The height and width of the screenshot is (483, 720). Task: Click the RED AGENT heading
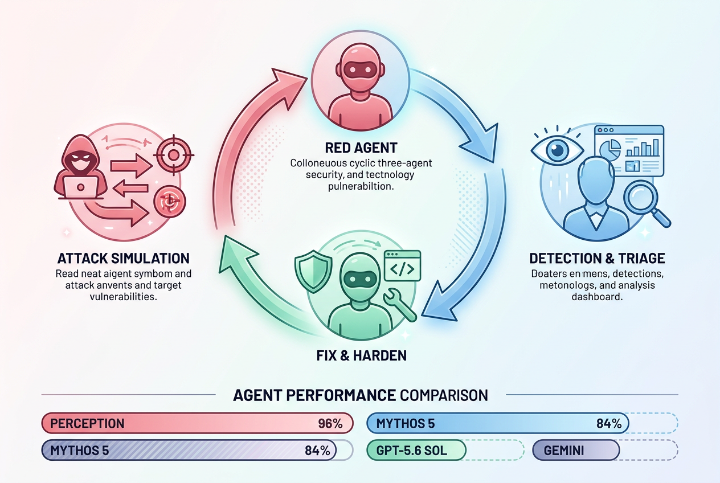tap(361, 148)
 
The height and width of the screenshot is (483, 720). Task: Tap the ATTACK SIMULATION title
tap(124, 259)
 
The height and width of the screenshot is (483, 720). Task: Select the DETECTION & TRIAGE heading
tap(597, 259)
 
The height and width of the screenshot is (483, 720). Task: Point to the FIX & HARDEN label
tap(361, 355)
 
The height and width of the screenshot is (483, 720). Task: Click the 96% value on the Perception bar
tap(330, 424)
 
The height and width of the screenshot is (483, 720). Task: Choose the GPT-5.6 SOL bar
tap(416, 450)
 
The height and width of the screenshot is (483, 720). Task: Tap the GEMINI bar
tap(576, 450)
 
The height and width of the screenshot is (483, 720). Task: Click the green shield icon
tap(313, 272)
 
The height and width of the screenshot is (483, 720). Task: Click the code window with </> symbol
tap(402, 265)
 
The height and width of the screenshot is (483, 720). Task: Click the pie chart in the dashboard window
tap(610, 149)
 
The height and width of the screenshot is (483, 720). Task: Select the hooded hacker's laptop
tap(81, 187)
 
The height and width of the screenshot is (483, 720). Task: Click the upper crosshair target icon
tap(174, 155)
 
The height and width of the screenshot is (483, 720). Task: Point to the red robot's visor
tap(360, 70)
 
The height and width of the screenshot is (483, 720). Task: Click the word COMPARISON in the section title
tap(444, 395)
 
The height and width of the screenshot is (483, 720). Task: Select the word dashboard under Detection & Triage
tap(597, 297)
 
